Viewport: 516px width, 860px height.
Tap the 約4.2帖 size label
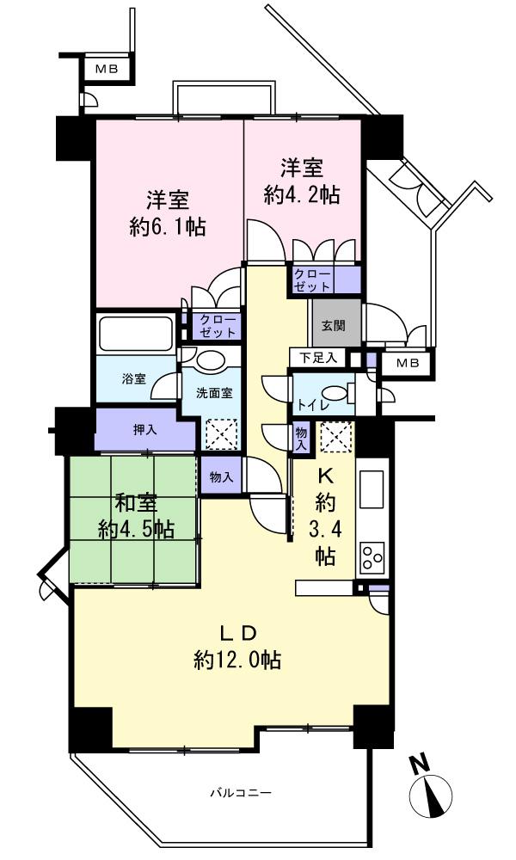pos(301,195)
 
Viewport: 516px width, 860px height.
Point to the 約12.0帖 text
pos(237,660)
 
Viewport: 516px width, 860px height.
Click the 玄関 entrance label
pos(335,327)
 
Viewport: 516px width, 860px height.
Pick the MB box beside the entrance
pos(408,364)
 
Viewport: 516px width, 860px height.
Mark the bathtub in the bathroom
pos(137,333)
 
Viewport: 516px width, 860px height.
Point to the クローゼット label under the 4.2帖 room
pos(312,279)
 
